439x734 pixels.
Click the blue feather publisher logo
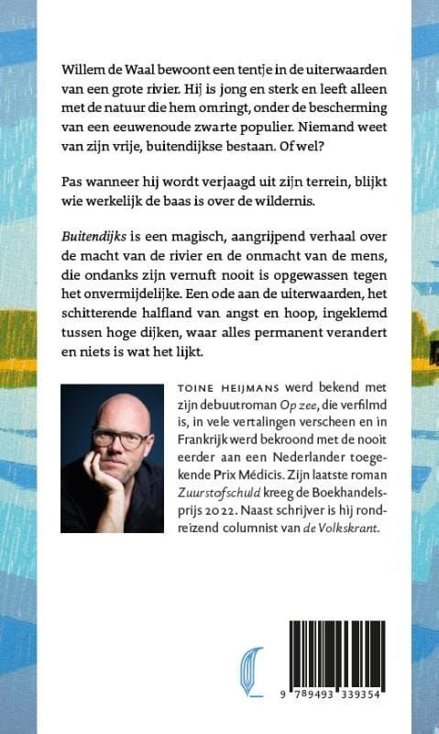pos(249,670)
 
